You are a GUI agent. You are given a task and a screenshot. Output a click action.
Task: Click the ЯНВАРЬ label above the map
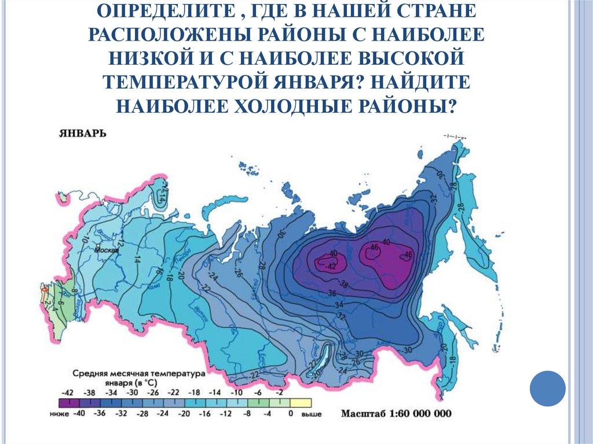click(x=82, y=134)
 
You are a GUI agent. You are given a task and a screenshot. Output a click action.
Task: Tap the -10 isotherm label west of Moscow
click(x=82, y=238)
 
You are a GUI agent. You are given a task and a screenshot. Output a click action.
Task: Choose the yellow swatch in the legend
click(x=301, y=403)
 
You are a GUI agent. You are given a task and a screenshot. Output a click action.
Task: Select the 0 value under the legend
click(x=290, y=414)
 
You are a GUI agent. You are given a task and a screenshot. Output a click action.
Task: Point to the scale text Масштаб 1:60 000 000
click(x=396, y=414)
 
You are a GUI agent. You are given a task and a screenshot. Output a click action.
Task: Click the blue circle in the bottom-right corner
click(x=548, y=388)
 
